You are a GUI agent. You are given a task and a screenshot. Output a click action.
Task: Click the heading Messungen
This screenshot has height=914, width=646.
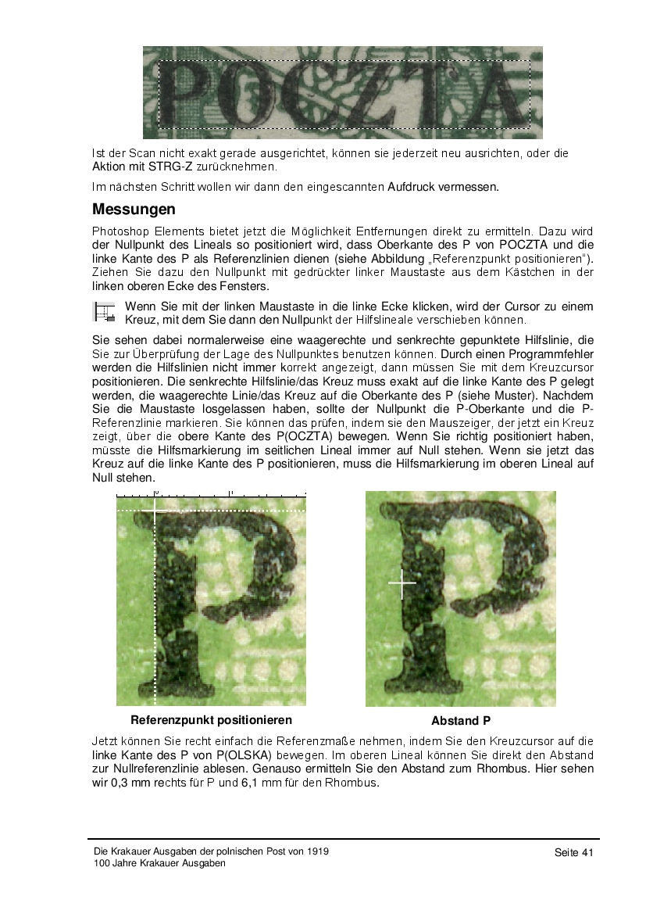pyautogui.click(x=134, y=210)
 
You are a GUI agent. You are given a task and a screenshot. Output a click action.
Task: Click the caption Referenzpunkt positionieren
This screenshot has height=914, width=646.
pyautogui.click(x=211, y=720)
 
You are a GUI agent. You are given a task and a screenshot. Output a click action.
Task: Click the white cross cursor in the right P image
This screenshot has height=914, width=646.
pyautogui.click(x=402, y=583)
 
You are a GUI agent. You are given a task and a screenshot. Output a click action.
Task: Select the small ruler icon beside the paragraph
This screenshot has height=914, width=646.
pyautogui.click(x=103, y=313)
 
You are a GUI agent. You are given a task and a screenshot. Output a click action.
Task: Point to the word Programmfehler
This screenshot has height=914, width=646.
pyautogui.click(x=553, y=353)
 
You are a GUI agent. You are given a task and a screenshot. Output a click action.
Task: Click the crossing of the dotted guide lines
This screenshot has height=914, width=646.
pyautogui.click(x=155, y=510)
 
